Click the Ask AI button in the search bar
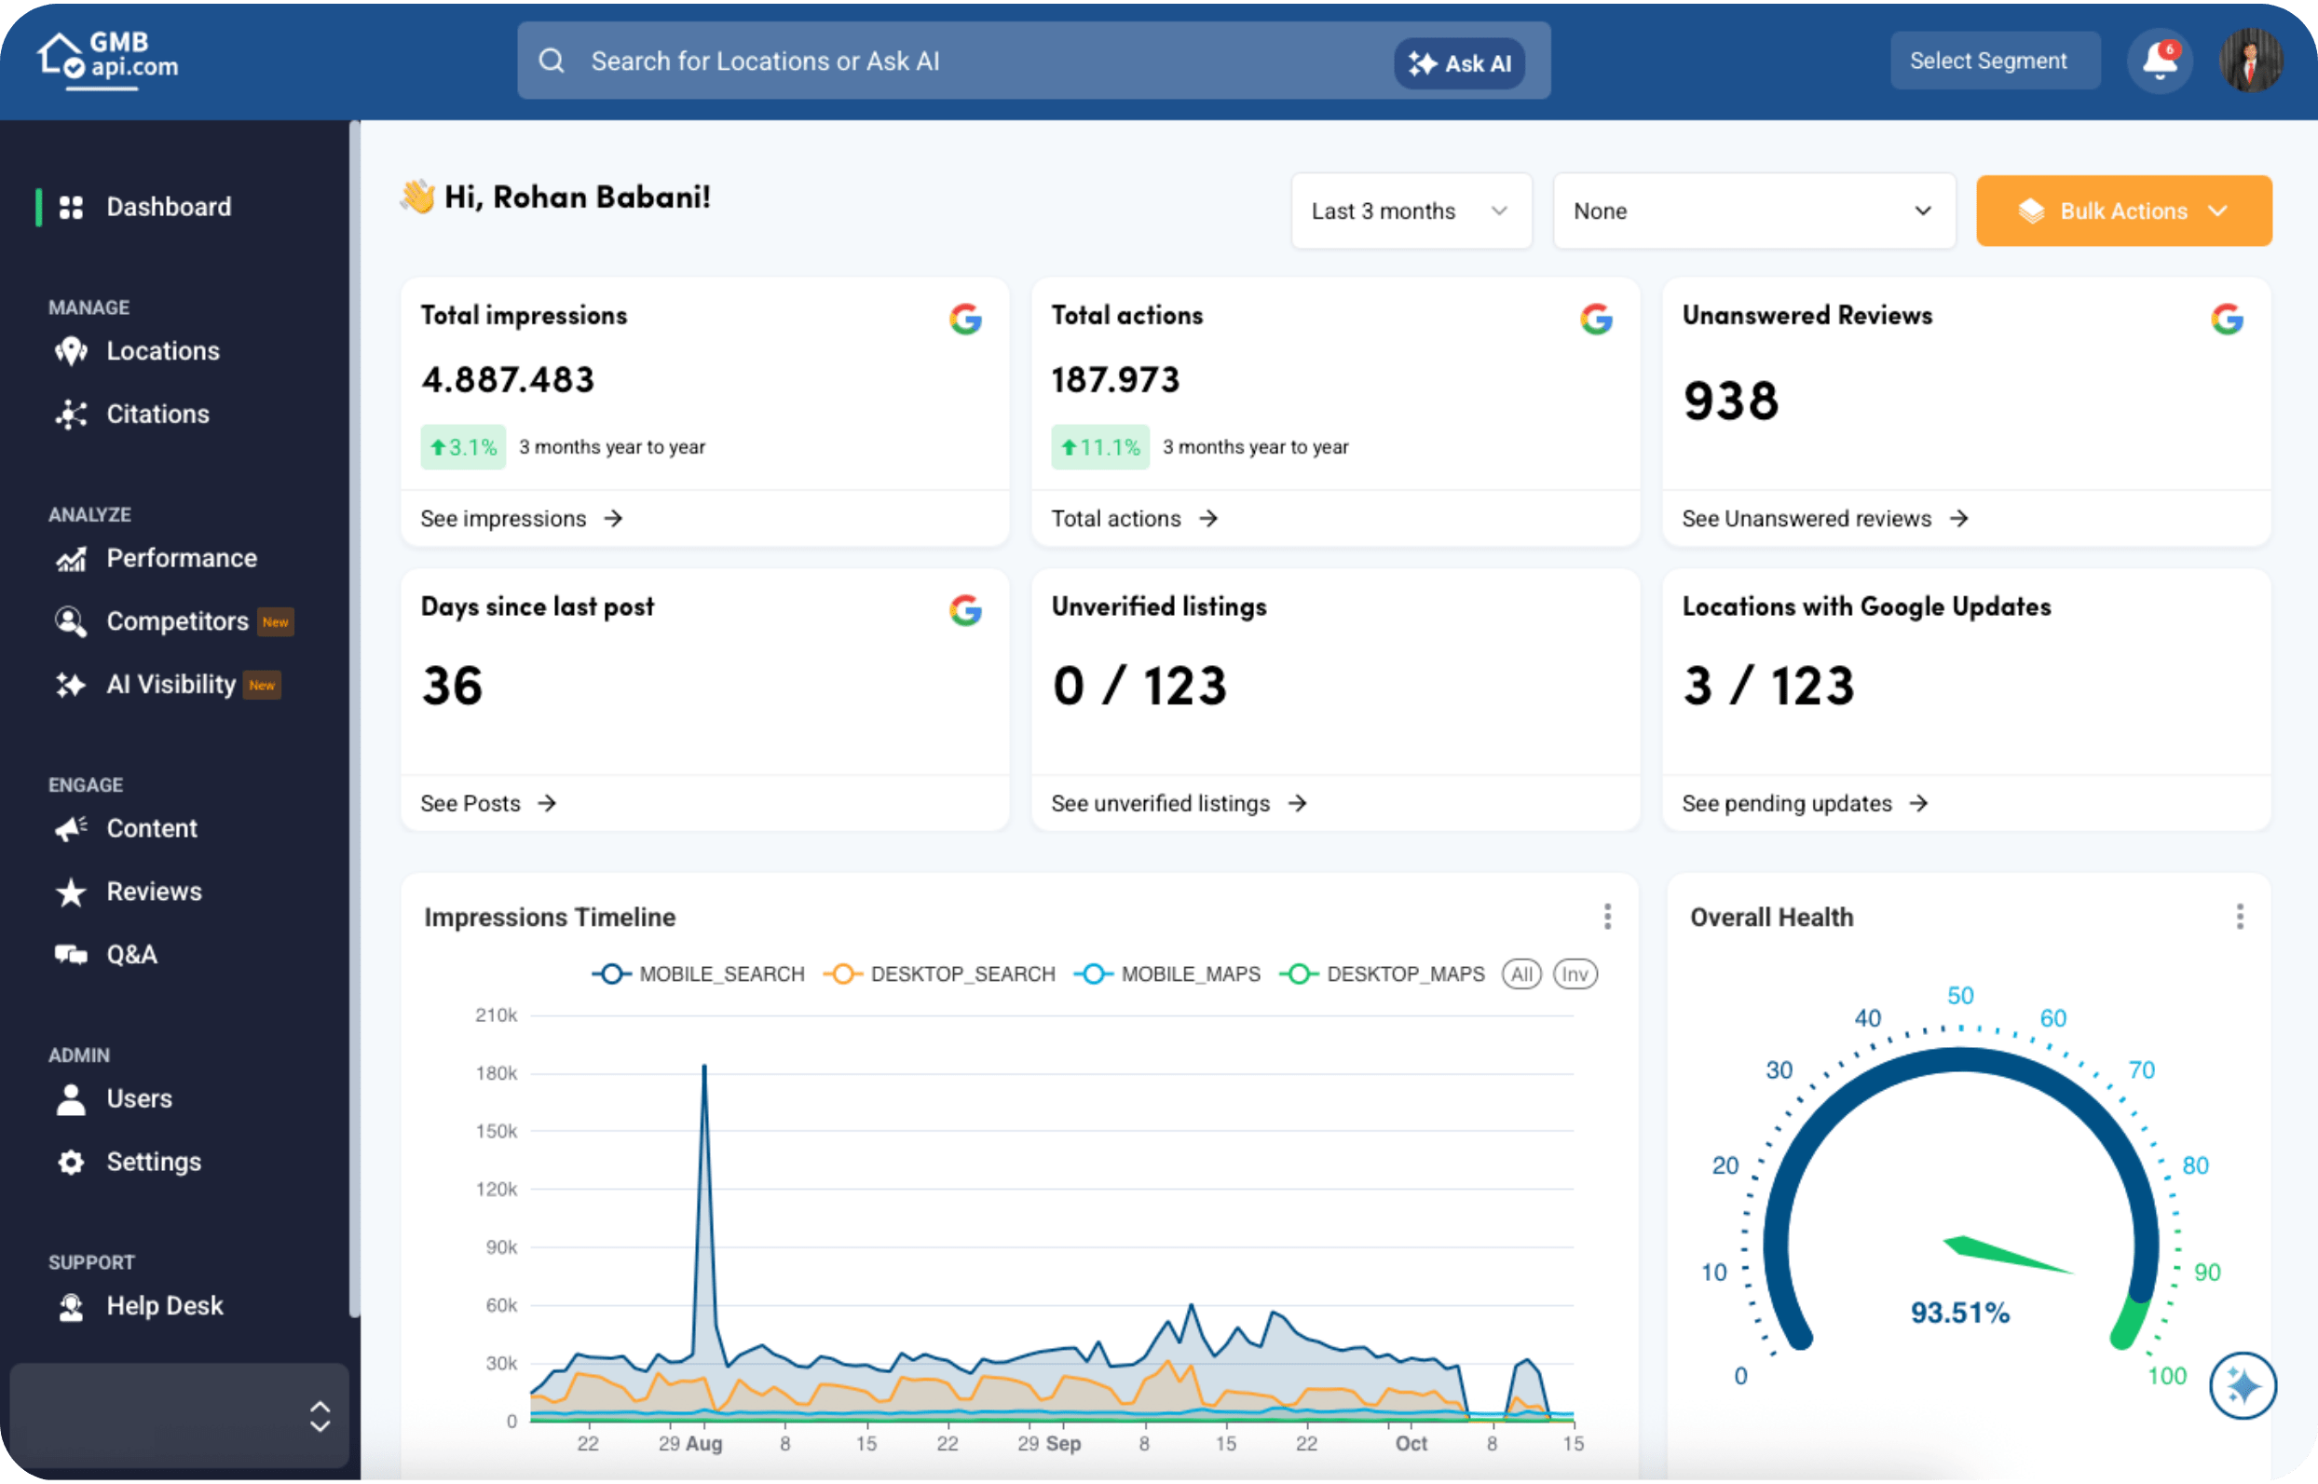click(1459, 63)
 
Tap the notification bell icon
click(2160, 61)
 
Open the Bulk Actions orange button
click(2123, 211)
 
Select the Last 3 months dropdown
click(1411, 211)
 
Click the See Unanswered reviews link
click(1825, 519)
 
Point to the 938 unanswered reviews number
click(1730, 401)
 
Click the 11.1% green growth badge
click(1099, 447)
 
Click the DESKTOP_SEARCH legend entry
click(940, 974)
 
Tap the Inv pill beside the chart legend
click(1575, 974)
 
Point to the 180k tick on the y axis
click(497, 1073)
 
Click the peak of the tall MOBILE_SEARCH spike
click(704, 1066)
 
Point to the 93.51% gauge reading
click(1959, 1313)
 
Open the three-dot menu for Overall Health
click(2240, 917)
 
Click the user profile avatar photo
click(2251, 61)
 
